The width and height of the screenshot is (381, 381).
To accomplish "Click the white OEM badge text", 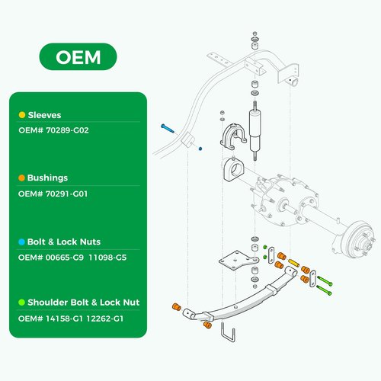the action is click(x=78, y=57).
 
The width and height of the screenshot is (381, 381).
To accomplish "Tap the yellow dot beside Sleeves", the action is click(x=22, y=115).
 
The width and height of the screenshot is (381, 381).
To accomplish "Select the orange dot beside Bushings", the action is click(x=21, y=178).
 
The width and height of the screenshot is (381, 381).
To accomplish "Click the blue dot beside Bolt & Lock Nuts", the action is click(x=21, y=242).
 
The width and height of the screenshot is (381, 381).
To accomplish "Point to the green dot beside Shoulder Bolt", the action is click(x=21, y=303).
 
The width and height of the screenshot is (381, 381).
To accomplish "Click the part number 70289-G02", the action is click(x=67, y=130).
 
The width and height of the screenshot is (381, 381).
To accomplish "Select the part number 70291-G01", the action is click(x=66, y=194).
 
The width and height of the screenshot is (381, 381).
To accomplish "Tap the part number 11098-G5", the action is click(x=107, y=258).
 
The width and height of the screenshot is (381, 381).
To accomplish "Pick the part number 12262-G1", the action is click(x=104, y=319).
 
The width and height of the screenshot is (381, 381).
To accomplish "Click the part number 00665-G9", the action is click(x=65, y=258).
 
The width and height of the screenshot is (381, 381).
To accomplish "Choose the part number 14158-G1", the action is click(x=64, y=319).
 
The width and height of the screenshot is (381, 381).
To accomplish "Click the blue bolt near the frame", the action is click(x=168, y=128).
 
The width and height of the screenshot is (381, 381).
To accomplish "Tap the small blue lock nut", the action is click(x=200, y=149).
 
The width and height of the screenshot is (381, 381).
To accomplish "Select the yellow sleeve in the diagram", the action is click(x=293, y=263).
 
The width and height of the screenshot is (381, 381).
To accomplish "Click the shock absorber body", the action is click(x=255, y=131).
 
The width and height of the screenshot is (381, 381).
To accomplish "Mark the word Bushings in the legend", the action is click(x=47, y=178).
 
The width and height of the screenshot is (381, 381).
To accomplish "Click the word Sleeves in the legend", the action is click(x=44, y=115).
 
